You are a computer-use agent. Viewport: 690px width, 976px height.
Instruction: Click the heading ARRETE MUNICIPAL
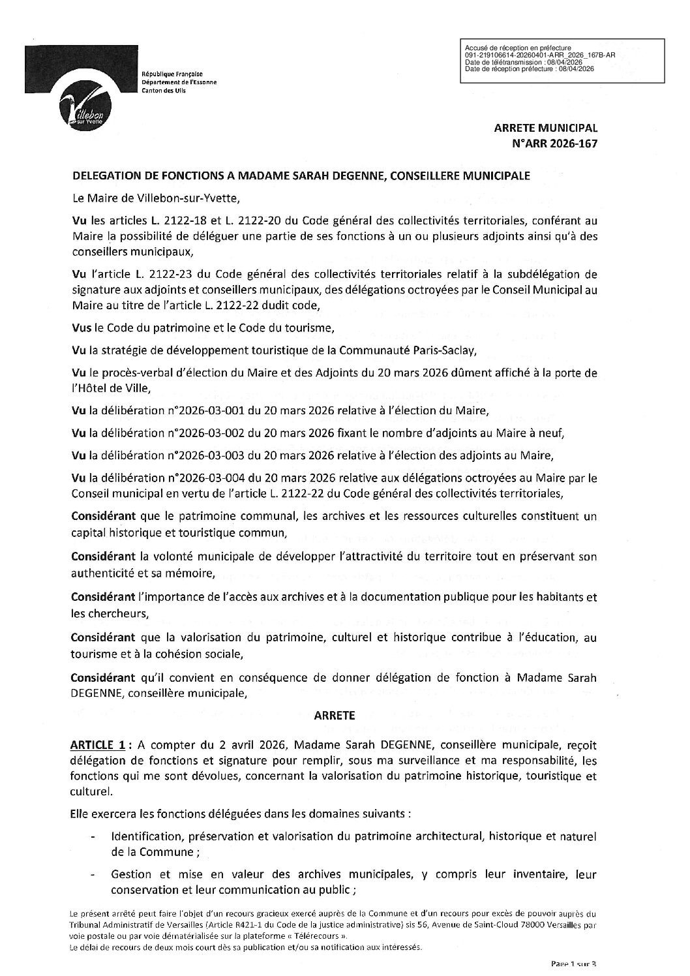coord(546,129)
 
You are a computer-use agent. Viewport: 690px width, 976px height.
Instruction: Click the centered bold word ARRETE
coord(335,715)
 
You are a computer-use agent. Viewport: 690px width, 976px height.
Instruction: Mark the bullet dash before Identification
coord(96,836)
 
